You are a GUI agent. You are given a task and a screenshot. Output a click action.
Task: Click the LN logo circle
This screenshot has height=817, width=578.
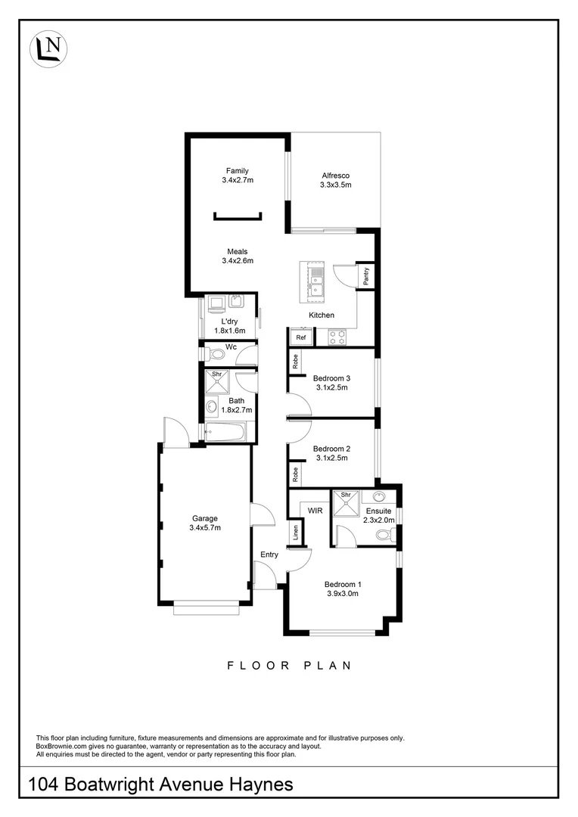click(48, 48)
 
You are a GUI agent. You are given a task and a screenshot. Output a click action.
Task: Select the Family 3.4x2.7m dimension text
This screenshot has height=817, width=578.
click(237, 181)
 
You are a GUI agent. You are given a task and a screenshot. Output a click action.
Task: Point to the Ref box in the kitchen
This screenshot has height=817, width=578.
click(300, 337)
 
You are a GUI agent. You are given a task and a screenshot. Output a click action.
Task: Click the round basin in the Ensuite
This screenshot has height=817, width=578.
click(379, 497)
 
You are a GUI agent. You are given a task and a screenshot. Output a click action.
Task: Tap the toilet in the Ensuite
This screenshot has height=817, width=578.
click(384, 536)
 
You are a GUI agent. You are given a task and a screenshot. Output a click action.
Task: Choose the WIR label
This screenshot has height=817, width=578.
click(315, 511)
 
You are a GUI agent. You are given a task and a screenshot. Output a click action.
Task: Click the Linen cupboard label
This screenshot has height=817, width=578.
click(294, 534)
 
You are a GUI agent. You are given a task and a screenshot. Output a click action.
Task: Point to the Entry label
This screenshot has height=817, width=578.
click(269, 555)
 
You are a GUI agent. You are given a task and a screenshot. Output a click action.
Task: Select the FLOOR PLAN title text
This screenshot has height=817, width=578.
click(290, 666)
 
